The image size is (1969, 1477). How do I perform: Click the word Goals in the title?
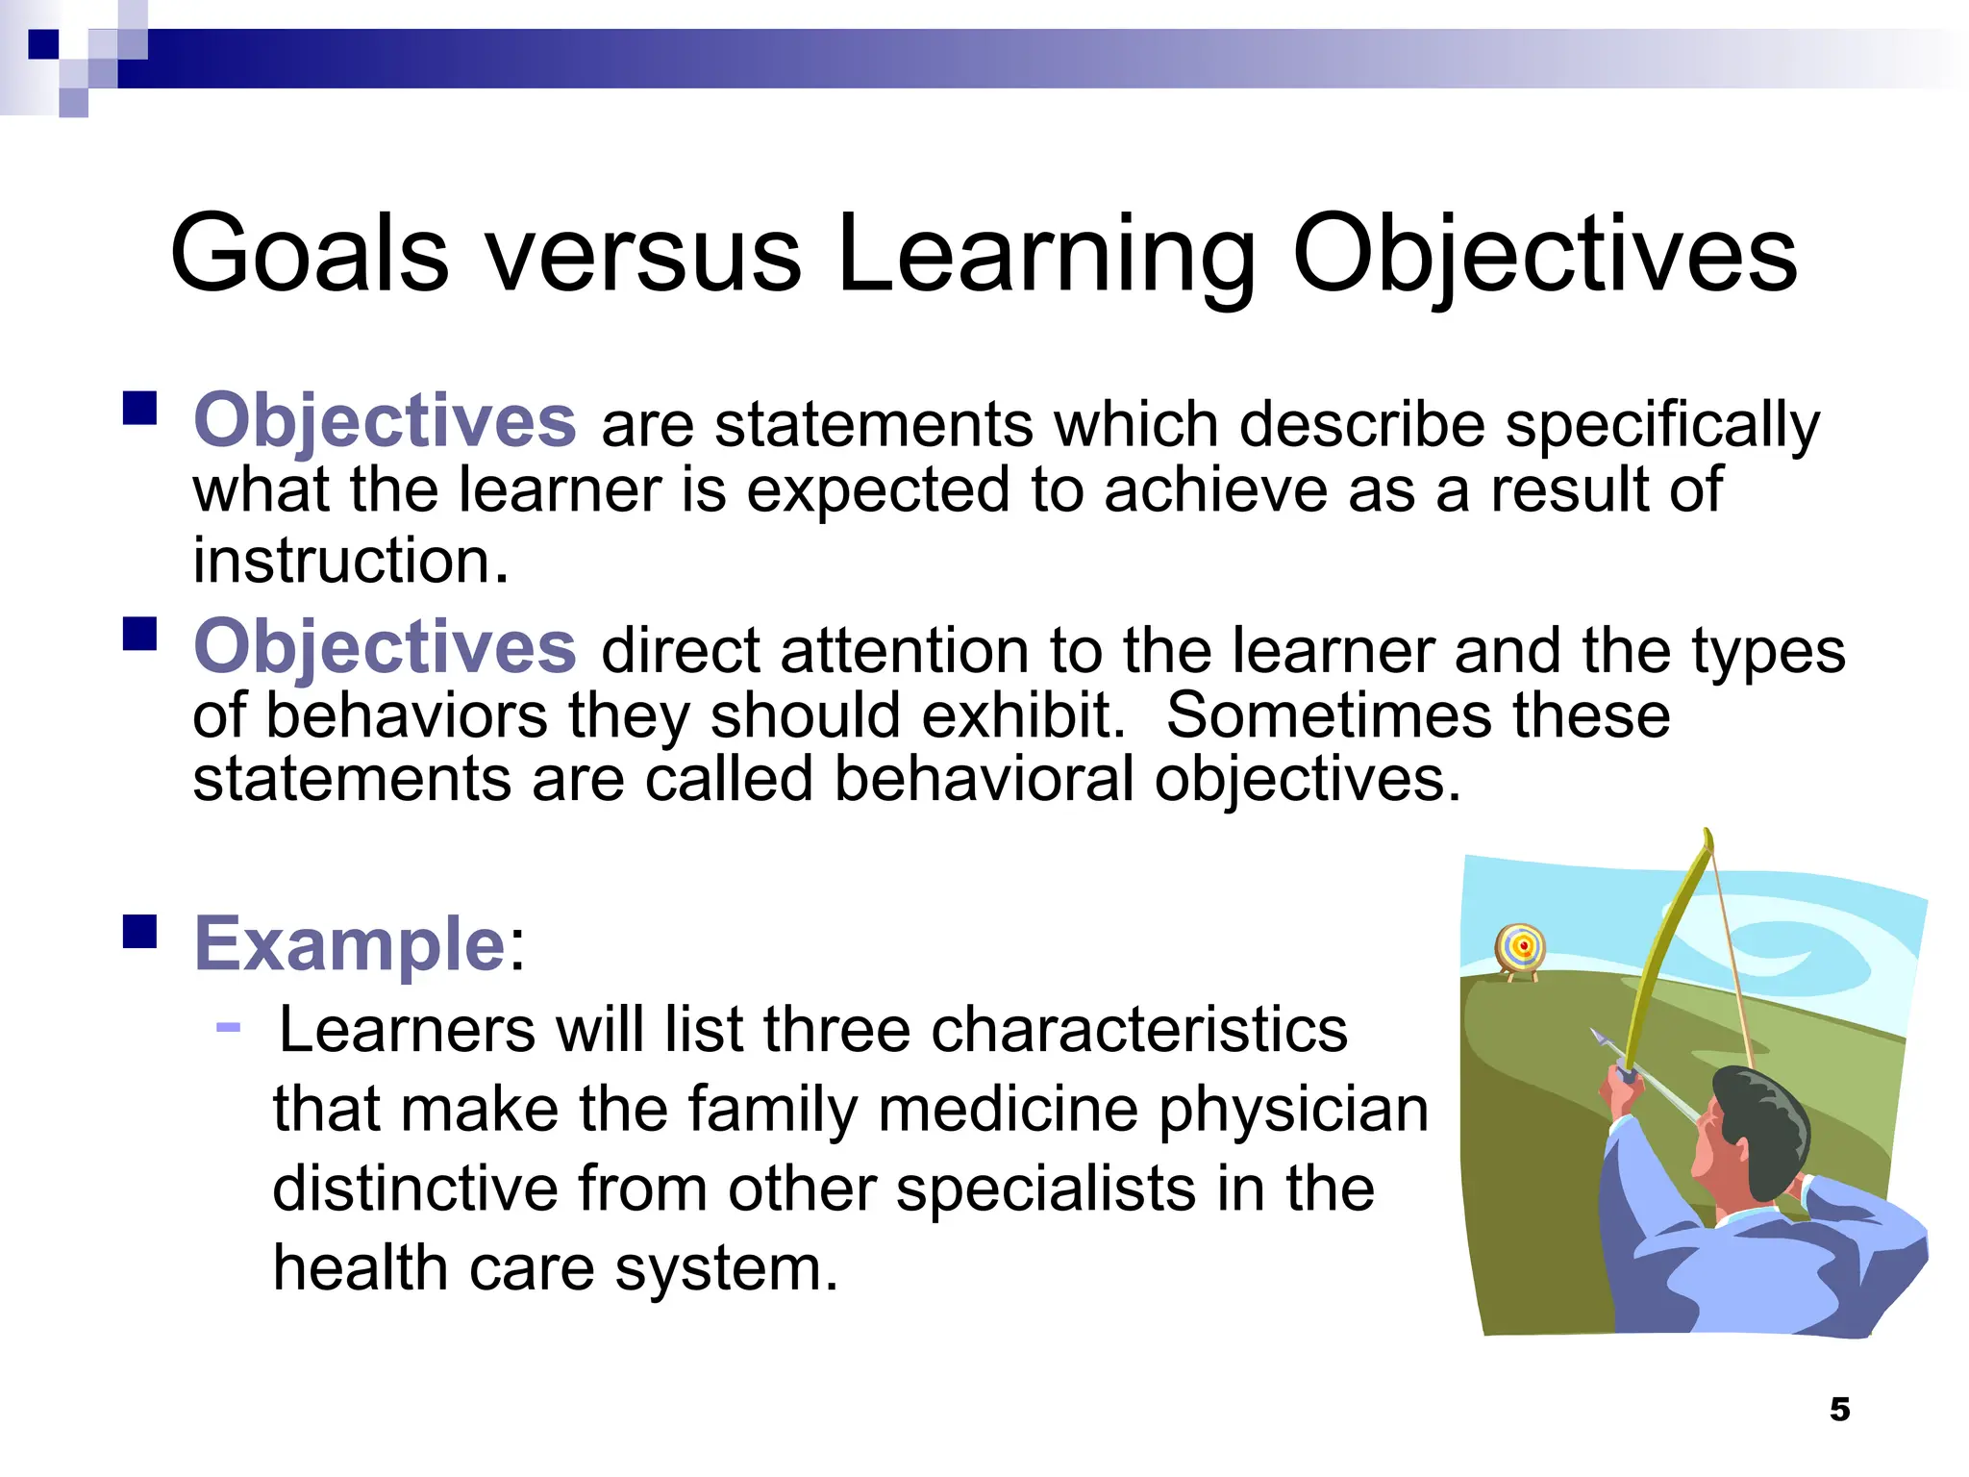pyautogui.click(x=309, y=254)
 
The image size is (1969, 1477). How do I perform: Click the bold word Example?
pyautogui.click(x=349, y=944)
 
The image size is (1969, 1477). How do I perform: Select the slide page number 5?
pyautogui.click(x=1839, y=1410)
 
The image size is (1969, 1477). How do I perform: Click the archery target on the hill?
pyautogui.click(x=1521, y=948)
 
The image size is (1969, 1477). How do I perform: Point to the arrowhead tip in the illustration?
pyautogui.click(x=1596, y=1037)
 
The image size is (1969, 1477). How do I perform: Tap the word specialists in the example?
pyautogui.click(x=1046, y=1190)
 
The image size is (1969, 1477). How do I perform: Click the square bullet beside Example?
pyautogui.click(x=140, y=931)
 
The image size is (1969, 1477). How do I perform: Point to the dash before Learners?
pyautogui.click(x=228, y=1028)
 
